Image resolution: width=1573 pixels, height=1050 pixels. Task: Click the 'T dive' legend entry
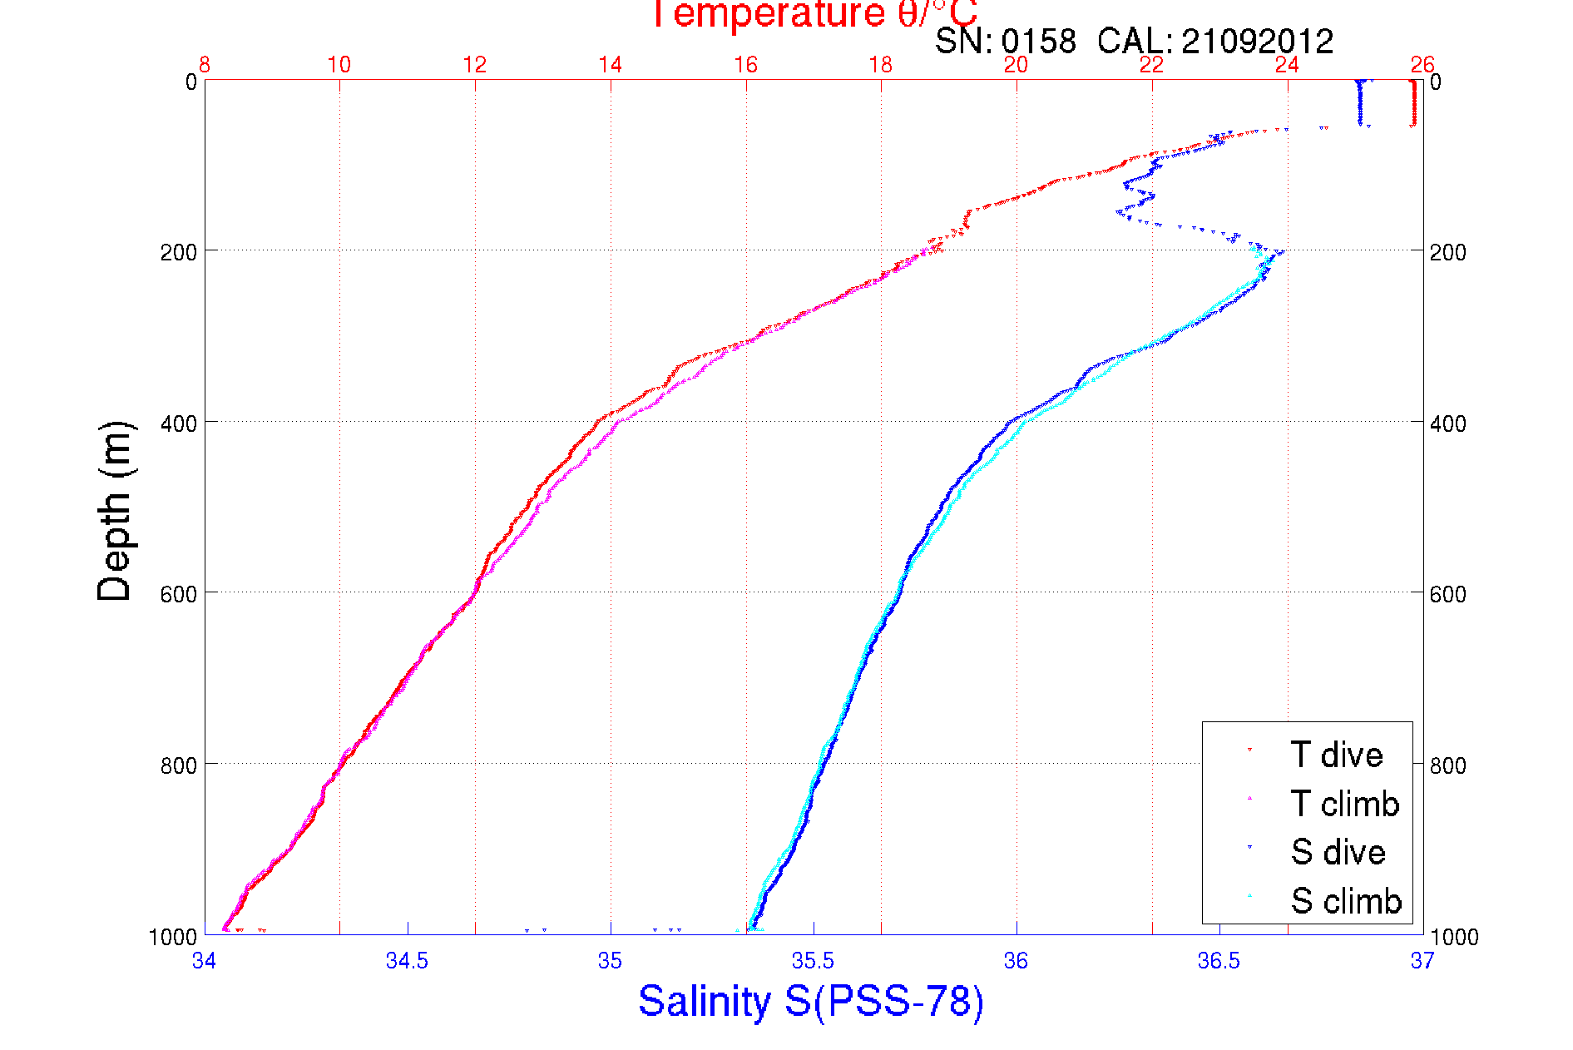coord(1336,755)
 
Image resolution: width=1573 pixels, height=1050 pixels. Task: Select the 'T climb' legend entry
coord(1344,804)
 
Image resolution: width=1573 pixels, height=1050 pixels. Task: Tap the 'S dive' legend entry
coord(1338,852)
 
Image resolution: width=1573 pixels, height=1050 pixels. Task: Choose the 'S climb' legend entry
coord(1346,901)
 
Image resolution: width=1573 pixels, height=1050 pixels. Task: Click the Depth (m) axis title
coord(115,511)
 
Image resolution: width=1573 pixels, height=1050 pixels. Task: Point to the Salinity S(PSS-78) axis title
coord(811,1001)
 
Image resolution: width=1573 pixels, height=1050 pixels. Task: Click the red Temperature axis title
coord(814,14)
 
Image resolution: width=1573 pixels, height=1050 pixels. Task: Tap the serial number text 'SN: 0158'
coord(1005,41)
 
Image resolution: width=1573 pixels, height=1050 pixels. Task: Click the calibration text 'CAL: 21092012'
coord(1214,41)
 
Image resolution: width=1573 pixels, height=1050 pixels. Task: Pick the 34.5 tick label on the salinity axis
coord(407,961)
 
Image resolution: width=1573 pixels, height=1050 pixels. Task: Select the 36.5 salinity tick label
coord(1219,961)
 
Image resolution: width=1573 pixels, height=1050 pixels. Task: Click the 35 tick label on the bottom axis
coord(611,961)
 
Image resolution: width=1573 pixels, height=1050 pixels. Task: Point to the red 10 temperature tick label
coord(339,65)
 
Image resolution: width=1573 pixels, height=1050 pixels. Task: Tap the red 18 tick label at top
coord(881,65)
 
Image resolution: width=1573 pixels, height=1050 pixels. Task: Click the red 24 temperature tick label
coord(1287,65)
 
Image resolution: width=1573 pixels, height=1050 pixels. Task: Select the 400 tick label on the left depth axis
coord(178,423)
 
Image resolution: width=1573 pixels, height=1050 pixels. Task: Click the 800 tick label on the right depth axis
coord(1447,765)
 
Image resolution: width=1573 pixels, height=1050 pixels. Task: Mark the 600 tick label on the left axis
coord(178,594)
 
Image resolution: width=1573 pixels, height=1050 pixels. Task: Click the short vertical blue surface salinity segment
coord(1360,102)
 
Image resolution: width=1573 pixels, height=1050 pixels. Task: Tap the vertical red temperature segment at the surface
coord(1412,102)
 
